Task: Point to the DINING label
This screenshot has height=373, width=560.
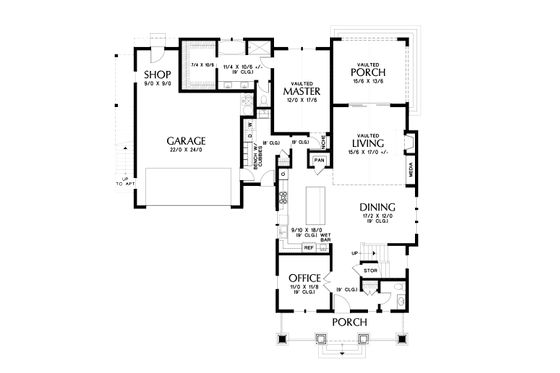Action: pos(378,208)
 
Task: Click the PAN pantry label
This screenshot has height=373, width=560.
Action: pos(320,160)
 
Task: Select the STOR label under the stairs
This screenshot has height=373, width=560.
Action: pos(369,269)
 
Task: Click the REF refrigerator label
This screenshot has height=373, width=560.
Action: pos(309,246)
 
